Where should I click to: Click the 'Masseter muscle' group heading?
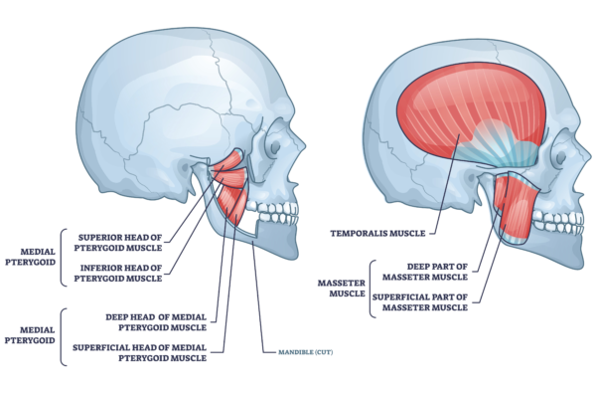340,287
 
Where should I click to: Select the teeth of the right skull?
556,221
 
